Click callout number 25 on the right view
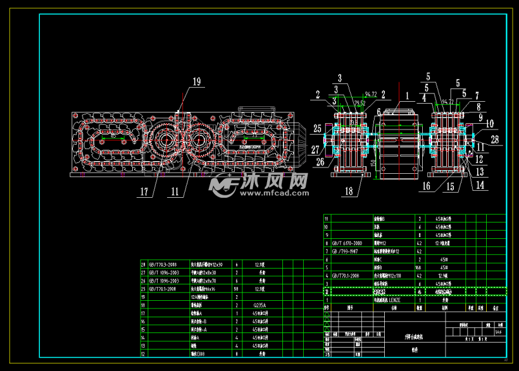click(x=317, y=128)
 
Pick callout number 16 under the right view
click(x=427, y=186)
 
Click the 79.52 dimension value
click(x=360, y=102)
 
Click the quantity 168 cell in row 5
click(x=420, y=267)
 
